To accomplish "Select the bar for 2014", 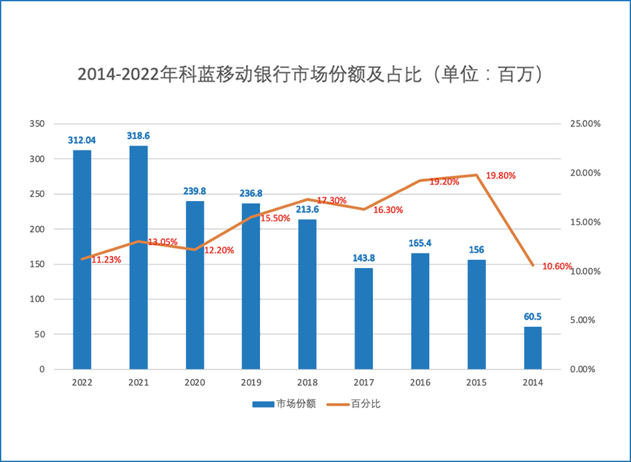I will coord(533,348).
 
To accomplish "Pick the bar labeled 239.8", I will coord(195,285).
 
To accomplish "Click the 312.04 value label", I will coord(82,140).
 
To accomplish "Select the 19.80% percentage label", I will coord(501,175).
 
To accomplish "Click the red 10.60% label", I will coord(557,266).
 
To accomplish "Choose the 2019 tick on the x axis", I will coord(251,382).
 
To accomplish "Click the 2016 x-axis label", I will coord(420,382).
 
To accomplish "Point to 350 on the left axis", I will coord(38,124).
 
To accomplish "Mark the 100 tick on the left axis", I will coord(38,299).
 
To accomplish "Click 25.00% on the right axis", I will coord(584,124).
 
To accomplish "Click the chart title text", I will coord(311,74).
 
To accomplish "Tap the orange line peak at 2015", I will coord(476,175).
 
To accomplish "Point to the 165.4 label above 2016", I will coord(420,243).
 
